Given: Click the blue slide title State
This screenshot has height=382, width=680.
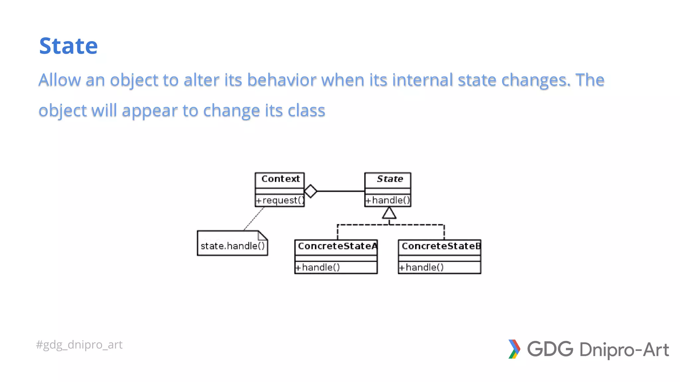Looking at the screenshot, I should coord(68,46).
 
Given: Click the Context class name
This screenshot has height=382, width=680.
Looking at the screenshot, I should coord(280,179).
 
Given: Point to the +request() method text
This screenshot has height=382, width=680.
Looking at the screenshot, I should coord(280,200).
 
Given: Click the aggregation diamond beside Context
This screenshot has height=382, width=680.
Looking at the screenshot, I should coord(311,191).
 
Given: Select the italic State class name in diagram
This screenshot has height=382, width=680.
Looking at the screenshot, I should coord(390,179).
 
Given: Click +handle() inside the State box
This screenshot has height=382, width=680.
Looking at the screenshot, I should coord(388,200).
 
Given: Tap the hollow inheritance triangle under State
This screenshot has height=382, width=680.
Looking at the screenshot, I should coord(389,213).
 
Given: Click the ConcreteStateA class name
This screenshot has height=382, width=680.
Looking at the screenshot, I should coord(337,246).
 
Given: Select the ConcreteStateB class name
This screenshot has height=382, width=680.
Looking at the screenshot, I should coord(441,246).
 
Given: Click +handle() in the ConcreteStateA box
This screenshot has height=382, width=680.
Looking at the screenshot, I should coord(318,267).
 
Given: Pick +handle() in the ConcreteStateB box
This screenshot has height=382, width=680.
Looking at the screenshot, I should coord(421,267).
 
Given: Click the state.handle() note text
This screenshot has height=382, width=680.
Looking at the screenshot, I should coord(232,246).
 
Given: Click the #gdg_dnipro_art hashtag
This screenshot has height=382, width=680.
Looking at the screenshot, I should coord(79,345).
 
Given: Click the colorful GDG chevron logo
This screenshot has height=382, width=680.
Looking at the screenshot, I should coord(514,349).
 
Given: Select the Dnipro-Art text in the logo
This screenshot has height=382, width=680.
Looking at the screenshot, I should coord(624,350).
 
